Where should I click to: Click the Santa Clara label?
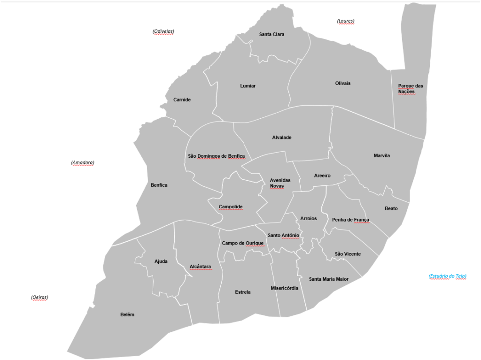point(272,34)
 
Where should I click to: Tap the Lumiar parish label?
point(248,86)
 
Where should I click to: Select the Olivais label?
point(342,84)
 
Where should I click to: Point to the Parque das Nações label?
point(410,89)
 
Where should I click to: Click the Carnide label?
point(182,100)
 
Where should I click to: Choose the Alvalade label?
point(281,138)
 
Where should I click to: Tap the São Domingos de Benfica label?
point(216,156)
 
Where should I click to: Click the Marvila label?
point(381,156)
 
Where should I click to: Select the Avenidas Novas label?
point(280,183)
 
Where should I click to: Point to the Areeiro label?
point(322,176)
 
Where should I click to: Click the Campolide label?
point(231,207)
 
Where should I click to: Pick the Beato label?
point(391,208)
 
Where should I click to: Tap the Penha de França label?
point(350,220)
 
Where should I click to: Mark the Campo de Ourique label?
point(242,243)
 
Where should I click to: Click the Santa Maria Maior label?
point(328,279)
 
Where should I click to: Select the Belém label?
point(127,315)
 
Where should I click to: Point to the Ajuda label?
point(161,261)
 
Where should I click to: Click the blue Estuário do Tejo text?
point(447,276)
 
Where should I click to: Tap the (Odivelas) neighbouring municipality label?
point(163,31)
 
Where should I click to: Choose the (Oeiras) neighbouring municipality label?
point(39,298)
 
